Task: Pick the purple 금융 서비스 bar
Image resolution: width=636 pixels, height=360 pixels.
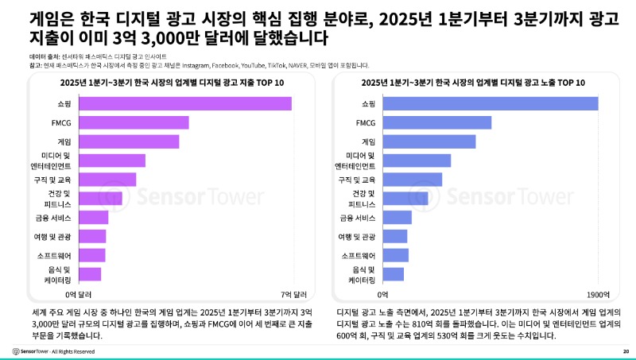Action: [x=94, y=217]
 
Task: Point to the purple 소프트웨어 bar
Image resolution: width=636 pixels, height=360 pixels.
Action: [x=92, y=255]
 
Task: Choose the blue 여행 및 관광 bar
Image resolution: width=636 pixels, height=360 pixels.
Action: [x=394, y=236]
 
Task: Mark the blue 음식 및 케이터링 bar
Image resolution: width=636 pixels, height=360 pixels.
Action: [x=393, y=274]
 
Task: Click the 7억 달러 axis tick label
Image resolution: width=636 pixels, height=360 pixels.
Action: [x=292, y=293]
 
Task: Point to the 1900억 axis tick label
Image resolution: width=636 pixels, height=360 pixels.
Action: [x=598, y=293]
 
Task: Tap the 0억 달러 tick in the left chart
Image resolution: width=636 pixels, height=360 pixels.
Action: [x=79, y=293]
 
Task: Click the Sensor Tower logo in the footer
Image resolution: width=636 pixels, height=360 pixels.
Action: [x=36, y=350]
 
